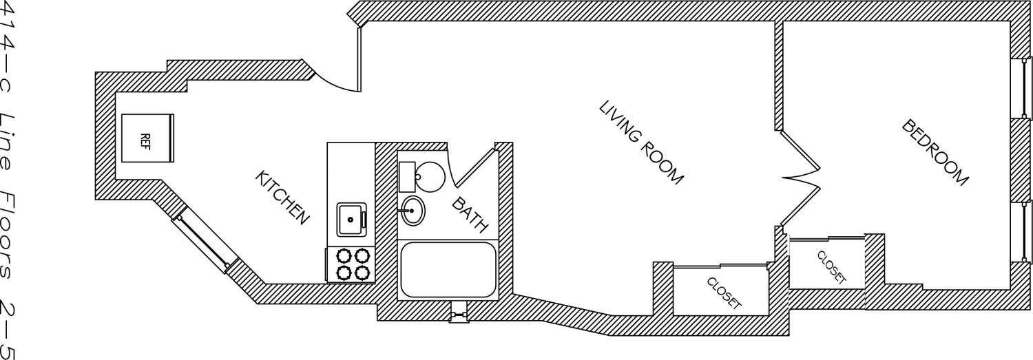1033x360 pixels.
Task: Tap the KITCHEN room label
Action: click(x=281, y=197)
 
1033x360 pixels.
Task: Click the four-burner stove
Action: click(x=352, y=264)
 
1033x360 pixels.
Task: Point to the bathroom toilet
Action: click(x=421, y=176)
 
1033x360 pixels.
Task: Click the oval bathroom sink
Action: click(x=413, y=211)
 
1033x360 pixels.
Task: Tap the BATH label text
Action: click(x=470, y=214)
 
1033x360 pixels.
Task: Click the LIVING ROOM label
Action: click(x=640, y=143)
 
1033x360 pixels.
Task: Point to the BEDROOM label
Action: click(x=935, y=153)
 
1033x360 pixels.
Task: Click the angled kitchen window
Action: click(x=203, y=240)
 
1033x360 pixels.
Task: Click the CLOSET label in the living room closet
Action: click(x=723, y=293)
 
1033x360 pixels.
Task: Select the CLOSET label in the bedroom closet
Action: click(x=831, y=267)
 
